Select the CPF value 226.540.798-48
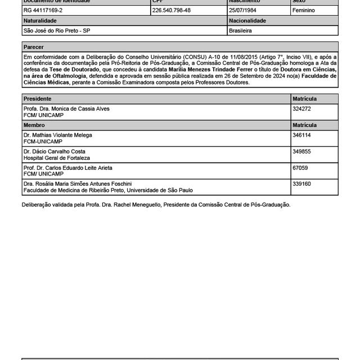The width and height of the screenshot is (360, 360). pos(172,10)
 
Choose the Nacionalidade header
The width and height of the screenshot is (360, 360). pos(248,20)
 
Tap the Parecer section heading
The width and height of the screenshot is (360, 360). pos(34,47)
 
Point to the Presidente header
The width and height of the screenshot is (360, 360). pos(38,98)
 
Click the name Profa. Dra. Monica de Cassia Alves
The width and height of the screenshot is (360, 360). pos(66,108)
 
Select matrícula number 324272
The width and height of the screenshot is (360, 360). pos(301,108)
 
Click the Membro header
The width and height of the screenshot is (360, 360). pos(34,125)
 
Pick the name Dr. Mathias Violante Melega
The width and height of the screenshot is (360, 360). pos(58,135)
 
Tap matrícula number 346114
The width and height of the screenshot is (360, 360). pos(301,135)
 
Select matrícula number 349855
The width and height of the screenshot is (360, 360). pos(301,151)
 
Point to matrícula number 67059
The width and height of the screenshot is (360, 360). pos(300,168)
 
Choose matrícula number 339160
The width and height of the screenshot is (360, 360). pos(301,183)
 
